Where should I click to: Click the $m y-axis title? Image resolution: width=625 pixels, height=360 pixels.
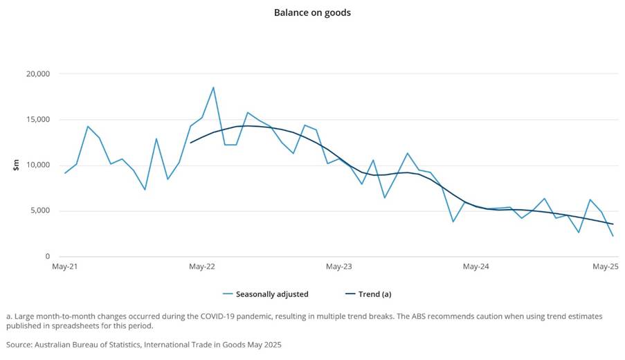[15, 165]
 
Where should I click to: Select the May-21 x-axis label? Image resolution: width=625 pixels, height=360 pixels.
[65, 267]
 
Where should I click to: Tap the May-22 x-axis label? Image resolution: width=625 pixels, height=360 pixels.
[201, 267]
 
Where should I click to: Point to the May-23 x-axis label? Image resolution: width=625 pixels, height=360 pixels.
[338, 267]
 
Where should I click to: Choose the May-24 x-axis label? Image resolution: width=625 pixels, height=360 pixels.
[475, 267]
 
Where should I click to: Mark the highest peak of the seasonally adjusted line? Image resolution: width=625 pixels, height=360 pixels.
[213, 87]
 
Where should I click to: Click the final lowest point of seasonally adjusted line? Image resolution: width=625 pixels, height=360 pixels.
[613, 236]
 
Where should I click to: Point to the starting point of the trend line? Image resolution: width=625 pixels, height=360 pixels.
[190, 143]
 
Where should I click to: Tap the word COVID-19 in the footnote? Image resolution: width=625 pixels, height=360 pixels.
[245, 316]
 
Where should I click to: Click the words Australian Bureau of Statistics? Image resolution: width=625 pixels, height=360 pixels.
[91, 344]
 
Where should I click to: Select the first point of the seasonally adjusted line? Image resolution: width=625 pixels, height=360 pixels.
[65, 173]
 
